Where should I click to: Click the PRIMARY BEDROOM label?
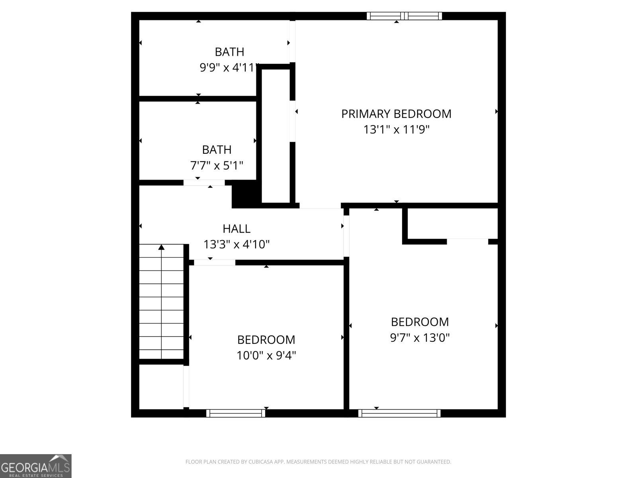pos(396,114)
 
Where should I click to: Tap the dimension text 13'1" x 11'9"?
pos(396,129)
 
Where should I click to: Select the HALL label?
pos(236,229)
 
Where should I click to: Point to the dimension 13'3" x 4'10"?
pos(236,244)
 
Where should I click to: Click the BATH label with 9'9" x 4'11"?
pos(229,52)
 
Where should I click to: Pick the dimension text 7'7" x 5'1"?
pos(217,165)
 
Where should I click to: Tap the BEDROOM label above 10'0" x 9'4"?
pos(266,340)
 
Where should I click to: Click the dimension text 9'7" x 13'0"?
pos(420,338)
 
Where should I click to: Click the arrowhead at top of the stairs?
pos(161,247)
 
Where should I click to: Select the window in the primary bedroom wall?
pos(404,16)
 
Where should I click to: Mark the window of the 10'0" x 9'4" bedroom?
pos(236,413)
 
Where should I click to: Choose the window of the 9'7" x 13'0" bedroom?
pos(399,413)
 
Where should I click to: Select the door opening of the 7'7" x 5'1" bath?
pos(204,183)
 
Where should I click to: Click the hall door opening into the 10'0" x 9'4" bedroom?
pos(215,263)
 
